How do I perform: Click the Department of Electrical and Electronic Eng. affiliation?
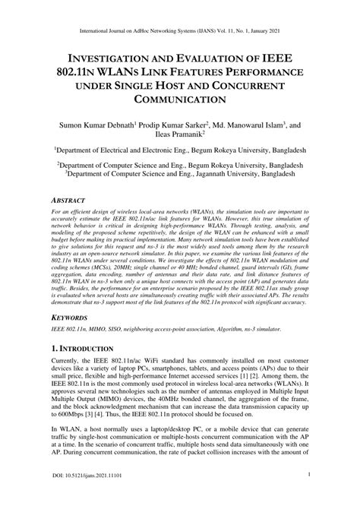tap(179, 152)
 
